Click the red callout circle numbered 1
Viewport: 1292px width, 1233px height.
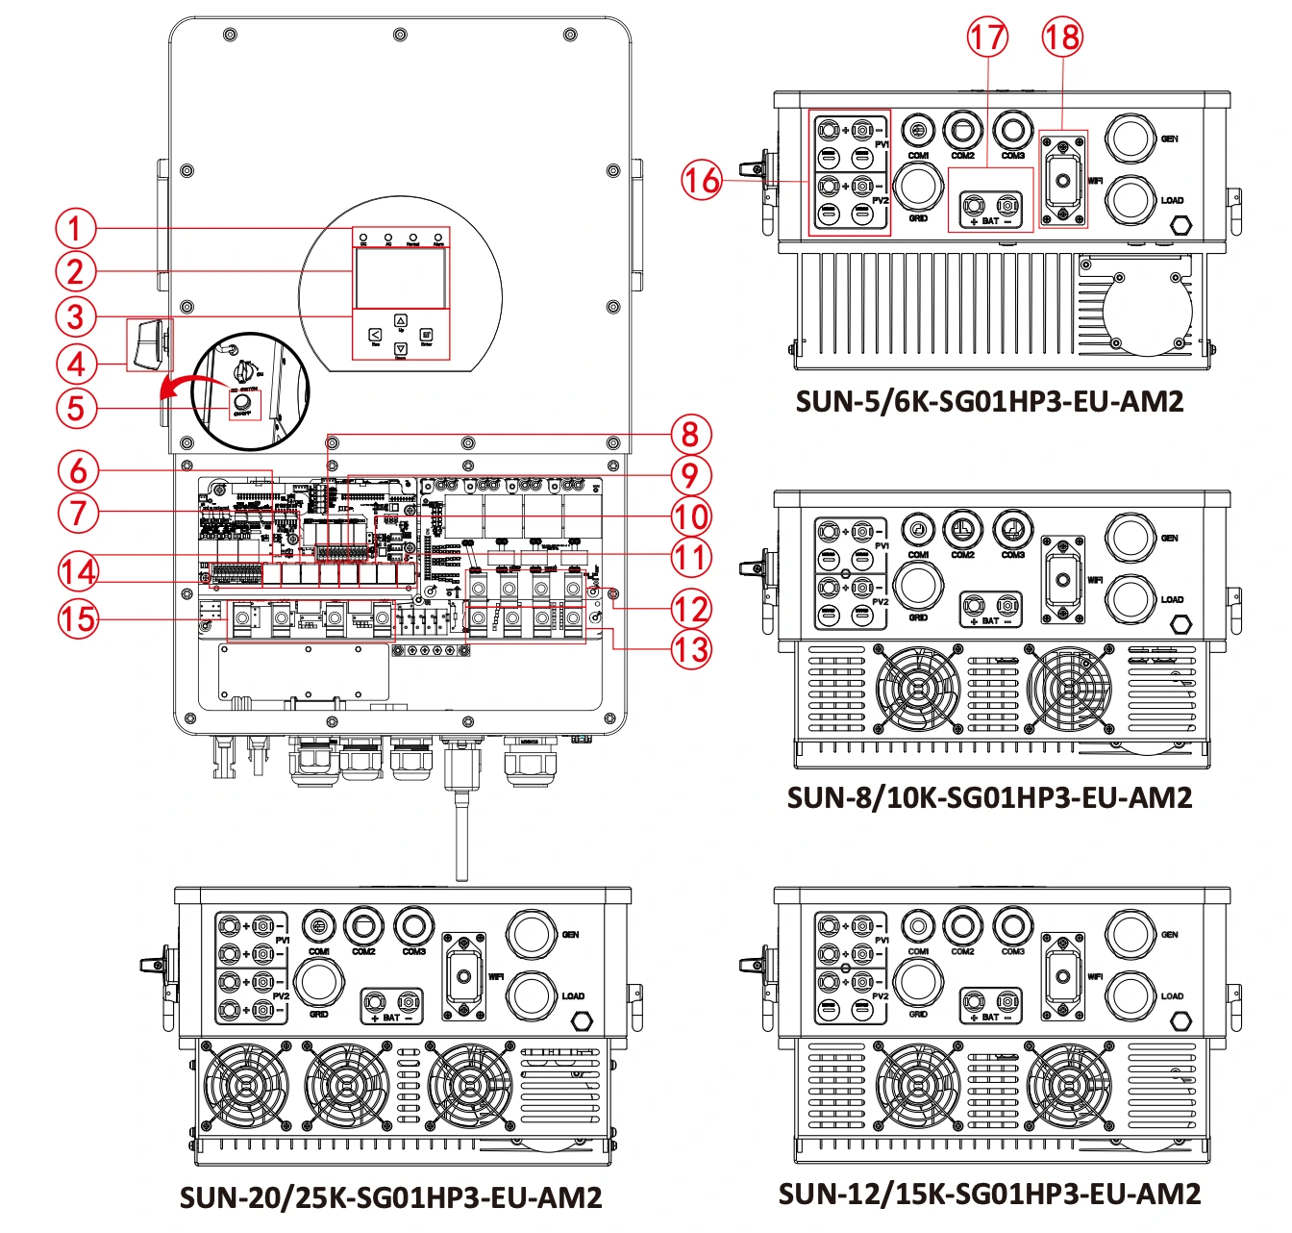coord(75,229)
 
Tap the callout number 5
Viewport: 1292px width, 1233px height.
coord(75,408)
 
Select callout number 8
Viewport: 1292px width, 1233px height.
coord(690,434)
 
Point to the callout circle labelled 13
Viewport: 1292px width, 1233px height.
coord(690,649)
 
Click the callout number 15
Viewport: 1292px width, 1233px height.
coord(78,617)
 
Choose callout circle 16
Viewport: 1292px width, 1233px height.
coord(701,180)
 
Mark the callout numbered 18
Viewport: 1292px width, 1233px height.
coord(1062,38)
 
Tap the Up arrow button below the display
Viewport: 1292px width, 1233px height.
coord(401,321)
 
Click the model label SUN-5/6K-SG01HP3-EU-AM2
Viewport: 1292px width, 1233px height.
coord(989,401)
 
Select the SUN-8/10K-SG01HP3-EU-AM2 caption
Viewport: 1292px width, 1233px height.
coord(989,797)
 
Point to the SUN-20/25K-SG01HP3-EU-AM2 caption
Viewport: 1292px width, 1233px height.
coord(390,1197)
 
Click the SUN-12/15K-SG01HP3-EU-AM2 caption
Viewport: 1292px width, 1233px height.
coord(989,1194)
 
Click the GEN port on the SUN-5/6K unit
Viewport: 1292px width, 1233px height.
coord(1130,138)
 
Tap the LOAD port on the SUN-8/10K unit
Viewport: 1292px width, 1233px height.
coord(1130,599)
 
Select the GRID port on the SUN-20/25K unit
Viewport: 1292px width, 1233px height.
coord(318,983)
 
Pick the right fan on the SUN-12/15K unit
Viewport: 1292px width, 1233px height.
coord(1068,1085)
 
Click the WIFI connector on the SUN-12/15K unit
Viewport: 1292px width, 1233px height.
coord(1063,976)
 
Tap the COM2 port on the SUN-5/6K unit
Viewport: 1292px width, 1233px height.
coord(962,129)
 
